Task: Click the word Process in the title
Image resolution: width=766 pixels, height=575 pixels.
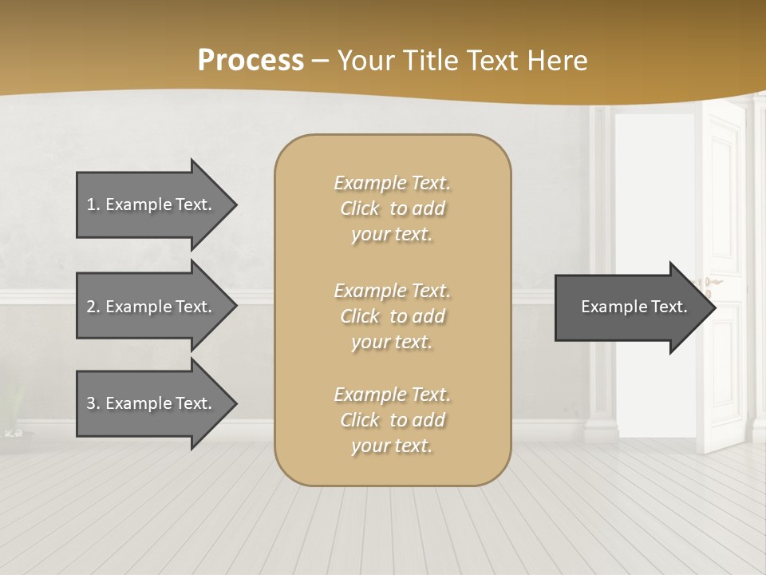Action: coord(251,61)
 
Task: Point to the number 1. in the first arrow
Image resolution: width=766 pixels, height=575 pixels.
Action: coord(93,204)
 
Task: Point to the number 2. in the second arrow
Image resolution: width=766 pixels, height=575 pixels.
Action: coord(93,307)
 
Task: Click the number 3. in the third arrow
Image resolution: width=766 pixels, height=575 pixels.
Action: coord(93,403)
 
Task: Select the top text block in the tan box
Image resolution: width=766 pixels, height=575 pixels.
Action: coord(392,208)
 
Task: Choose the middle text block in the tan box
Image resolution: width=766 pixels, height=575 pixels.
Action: coord(392,315)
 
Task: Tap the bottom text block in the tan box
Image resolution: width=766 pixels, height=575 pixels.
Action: coord(392,420)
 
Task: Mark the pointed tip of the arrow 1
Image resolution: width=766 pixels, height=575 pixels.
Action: coord(235,204)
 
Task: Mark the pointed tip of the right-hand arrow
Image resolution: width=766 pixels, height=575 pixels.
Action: coord(715,307)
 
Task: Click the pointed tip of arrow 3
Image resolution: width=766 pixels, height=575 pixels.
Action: coord(235,403)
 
